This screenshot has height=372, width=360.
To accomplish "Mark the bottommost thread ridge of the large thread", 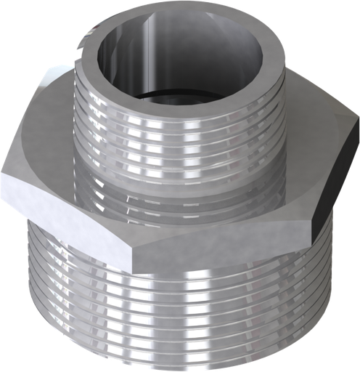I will (x=181, y=360).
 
